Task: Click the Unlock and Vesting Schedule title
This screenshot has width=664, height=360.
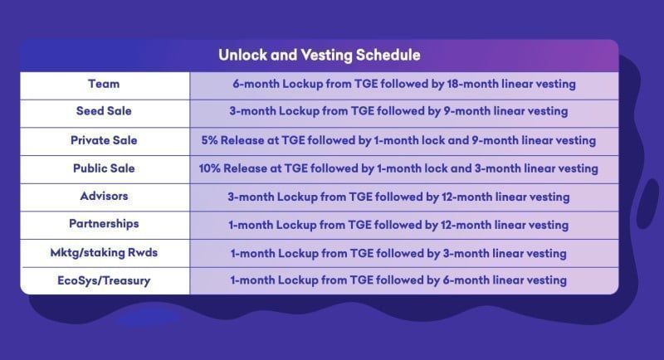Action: (319, 56)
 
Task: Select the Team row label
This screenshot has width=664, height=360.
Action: (104, 84)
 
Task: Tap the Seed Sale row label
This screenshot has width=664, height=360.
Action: (104, 111)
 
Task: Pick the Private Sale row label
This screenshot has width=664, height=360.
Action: (104, 140)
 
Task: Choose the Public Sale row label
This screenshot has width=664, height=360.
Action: (104, 168)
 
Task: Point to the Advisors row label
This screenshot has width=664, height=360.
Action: (104, 197)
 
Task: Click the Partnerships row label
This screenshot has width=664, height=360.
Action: (104, 224)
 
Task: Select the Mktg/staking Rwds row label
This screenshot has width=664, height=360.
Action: (104, 252)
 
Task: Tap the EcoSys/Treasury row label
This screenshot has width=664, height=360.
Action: (104, 280)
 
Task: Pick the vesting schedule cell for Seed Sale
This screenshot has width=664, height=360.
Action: (398, 111)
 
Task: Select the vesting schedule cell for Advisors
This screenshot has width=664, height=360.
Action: (398, 197)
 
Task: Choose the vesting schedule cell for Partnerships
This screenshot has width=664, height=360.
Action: (398, 224)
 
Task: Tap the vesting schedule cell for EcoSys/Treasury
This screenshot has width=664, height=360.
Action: (398, 280)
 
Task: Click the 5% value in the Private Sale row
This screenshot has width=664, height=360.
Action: (210, 140)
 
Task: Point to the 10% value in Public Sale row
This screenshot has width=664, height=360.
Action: (211, 168)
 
